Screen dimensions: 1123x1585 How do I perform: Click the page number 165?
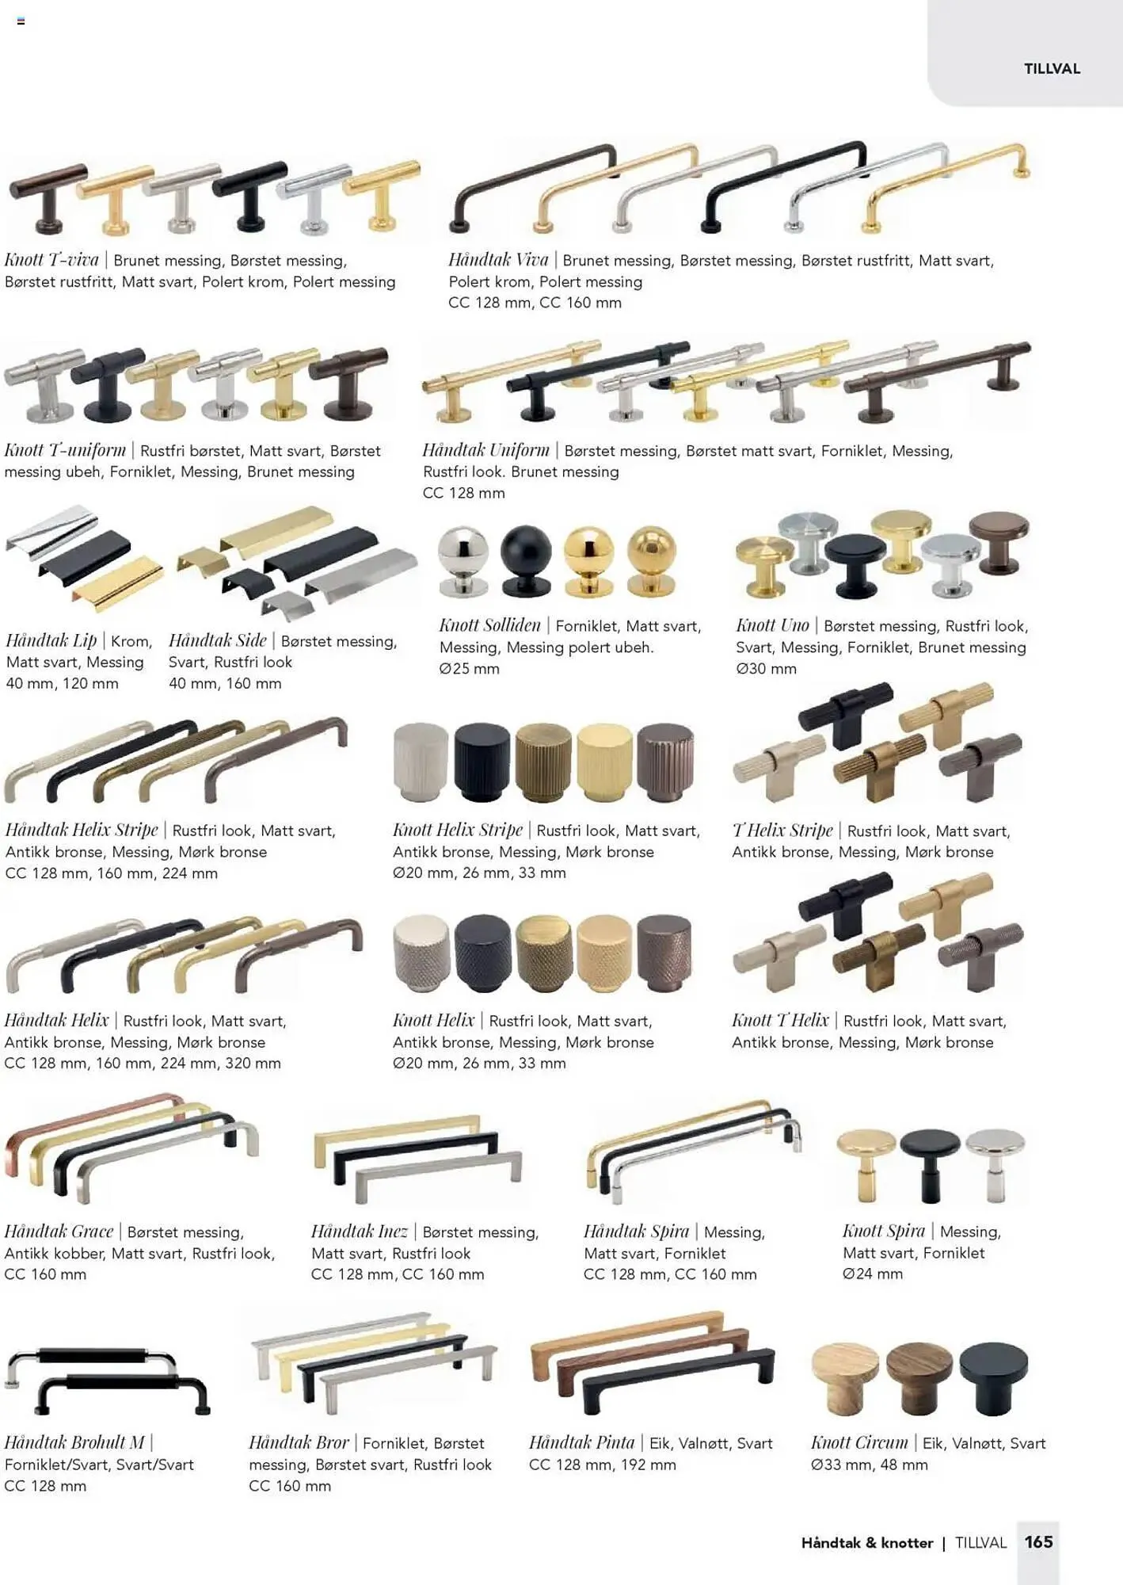pyautogui.click(x=1038, y=1541)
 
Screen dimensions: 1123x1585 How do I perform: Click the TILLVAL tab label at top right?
pyautogui.click(x=1052, y=69)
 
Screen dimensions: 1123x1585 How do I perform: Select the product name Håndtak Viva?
pyautogui.click(x=498, y=259)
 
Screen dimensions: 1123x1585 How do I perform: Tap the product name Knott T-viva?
pyautogui.click(x=51, y=259)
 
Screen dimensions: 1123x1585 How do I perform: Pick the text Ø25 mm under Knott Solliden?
pyautogui.click(x=470, y=668)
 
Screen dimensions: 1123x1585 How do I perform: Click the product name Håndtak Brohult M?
pyautogui.click(x=74, y=1442)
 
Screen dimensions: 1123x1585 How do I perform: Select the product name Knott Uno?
pyautogui.click(x=772, y=625)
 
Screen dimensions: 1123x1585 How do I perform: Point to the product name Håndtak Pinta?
pyautogui.click(x=581, y=1442)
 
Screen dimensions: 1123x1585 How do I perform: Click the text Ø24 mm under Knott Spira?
pyautogui.click(x=873, y=1274)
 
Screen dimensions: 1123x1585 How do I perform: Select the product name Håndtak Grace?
pyautogui.click(x=59, y=1231)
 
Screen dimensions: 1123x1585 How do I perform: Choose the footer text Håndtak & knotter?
pyautogui.click(x=867, y=1542)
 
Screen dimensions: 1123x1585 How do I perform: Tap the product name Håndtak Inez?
pyautogui.click(x=360, y=1231)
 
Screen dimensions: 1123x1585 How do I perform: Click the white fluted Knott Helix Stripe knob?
pyautogui.click(x=421, y=762)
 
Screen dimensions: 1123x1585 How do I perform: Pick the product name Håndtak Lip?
pyautogui.click(x=51, y=640)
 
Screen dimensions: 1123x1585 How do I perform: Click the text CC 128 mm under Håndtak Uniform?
pyautogui.click(x=464, y=493)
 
